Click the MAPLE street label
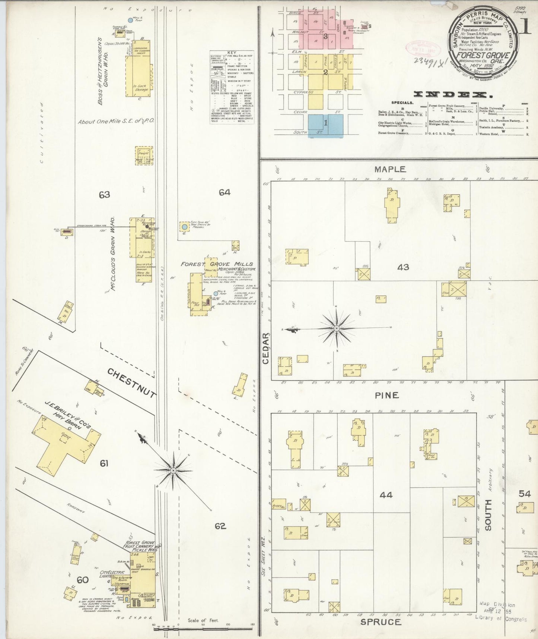click(390, 169)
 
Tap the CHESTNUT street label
click(131, 383)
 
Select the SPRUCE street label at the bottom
click(381, 622)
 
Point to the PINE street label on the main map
click(387, 395)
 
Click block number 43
click(403, 267)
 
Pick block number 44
click(386, 495)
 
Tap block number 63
click(104, 194)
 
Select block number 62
click(220, 526)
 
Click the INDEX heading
click(445, 94)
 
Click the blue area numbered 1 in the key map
click(325, 126)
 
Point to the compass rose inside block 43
click(337, 328)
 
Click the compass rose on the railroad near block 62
click(173, 470)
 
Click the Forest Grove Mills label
click(217, 264)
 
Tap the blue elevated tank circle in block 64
click(184, 226)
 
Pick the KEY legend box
click(232, 87)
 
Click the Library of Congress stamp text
click(501, 618)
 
